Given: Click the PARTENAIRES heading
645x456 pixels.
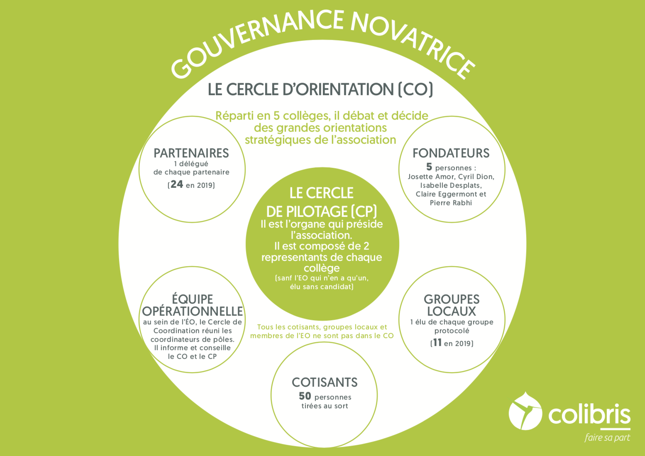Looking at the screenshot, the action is (191, 153).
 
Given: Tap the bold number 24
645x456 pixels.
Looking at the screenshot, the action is (177, 184).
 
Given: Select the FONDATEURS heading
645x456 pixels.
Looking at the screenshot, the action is (451, 153).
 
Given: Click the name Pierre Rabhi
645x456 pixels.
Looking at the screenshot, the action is (451, 203).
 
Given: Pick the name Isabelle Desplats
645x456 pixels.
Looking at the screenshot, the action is (451, 186).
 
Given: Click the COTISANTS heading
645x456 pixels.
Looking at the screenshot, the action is (325, 382).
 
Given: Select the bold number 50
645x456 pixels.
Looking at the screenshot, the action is (305, 396).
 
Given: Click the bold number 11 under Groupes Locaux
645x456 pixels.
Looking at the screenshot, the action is (437, 343).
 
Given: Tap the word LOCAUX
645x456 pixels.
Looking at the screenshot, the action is (452, 311).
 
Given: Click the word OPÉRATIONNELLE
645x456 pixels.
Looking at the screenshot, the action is (192, 311).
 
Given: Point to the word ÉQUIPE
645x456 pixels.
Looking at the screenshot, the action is (192, 299).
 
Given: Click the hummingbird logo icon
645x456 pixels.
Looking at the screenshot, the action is (525, 411).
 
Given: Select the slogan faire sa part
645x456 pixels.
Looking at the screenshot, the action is (607, 438).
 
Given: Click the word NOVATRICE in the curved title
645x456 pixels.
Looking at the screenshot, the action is (412, 43).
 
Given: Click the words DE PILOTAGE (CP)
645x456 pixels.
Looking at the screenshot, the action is (321, 212).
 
